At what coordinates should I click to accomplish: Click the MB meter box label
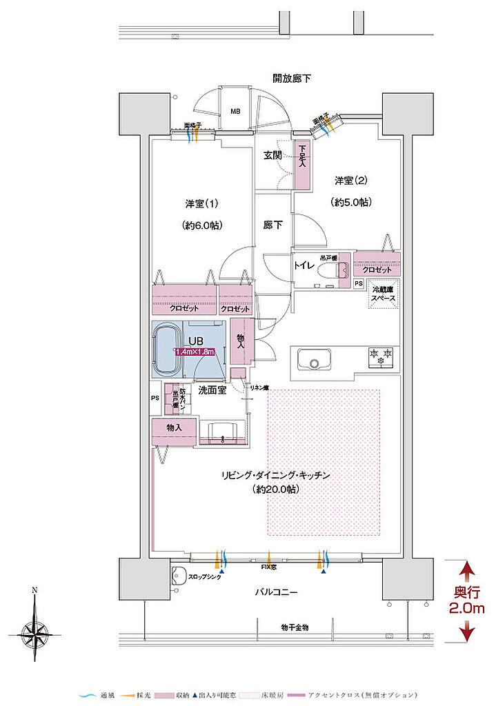tap(235, 111)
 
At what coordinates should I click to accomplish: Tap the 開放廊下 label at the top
tap(291, 78)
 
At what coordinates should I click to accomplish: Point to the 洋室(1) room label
tap(201, 204)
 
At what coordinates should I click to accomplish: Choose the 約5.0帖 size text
tap(352, 202)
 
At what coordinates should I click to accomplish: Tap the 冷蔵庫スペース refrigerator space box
tap(383, 294)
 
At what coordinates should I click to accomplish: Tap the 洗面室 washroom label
tap(212, 390)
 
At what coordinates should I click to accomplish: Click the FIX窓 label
tap(270, 567)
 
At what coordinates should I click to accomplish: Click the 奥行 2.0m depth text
tap(468, 600)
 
